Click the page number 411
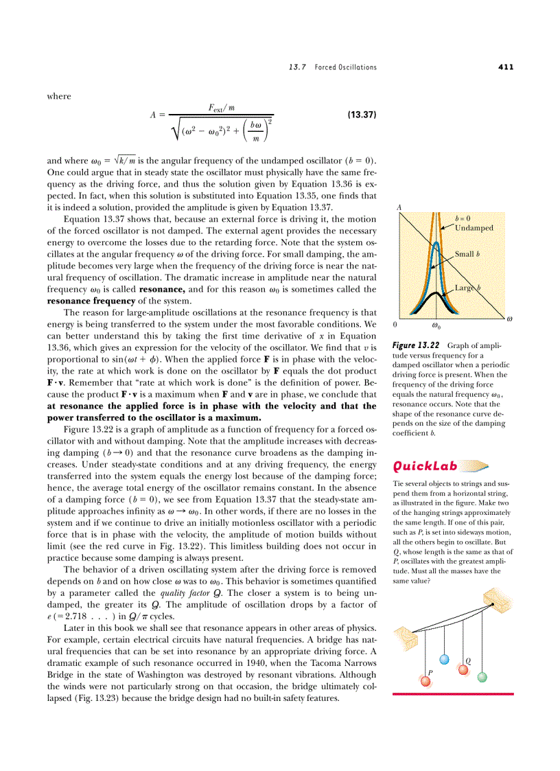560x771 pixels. point(506,67)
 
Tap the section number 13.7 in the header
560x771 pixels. point(296,67)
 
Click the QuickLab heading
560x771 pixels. point(425,466)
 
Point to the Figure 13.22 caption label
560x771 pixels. point(415,345)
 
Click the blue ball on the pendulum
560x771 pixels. point(444,659)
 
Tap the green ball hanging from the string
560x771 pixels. point(482,677)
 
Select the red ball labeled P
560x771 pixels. point(425,681)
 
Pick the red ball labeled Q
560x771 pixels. point(463,669)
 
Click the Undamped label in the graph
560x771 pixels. point(474,227)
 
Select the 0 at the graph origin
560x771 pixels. point(395,323)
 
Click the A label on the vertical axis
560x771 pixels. point(399,206)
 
